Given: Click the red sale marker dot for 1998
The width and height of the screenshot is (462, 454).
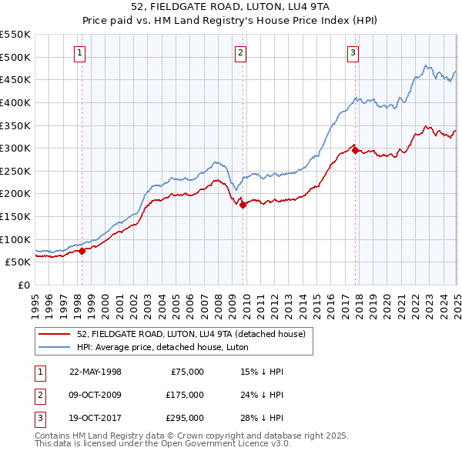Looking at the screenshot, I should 82,250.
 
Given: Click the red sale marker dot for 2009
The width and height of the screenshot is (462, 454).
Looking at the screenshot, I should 243,205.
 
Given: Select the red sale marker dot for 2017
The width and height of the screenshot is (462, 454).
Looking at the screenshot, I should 355,150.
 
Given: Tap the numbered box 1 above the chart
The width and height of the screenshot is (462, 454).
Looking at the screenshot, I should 81,52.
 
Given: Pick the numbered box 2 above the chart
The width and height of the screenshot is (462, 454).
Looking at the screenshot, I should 241,52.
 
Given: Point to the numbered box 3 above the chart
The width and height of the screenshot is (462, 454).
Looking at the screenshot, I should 353,52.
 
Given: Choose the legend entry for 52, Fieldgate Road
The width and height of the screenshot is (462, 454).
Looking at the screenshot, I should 191,334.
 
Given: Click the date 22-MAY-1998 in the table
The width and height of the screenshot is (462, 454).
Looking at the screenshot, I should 95,372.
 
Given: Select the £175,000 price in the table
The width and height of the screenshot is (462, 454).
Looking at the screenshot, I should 185,395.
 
